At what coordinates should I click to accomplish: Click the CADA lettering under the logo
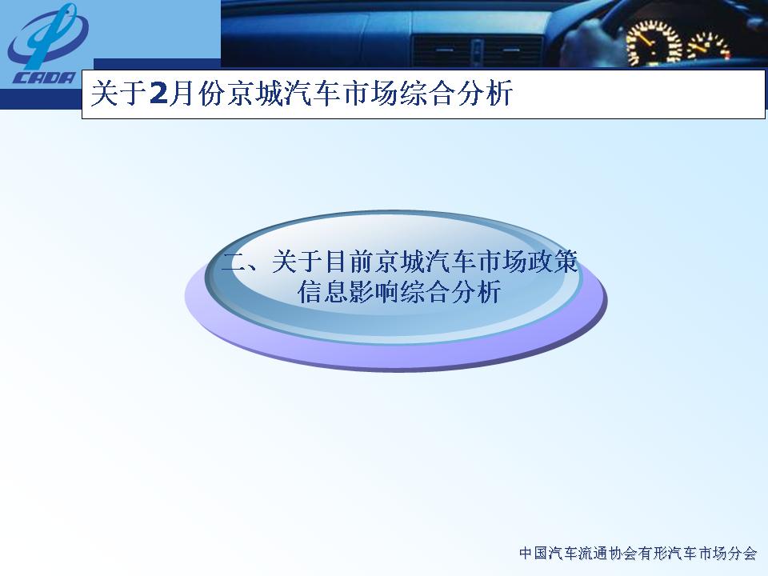(x=45, y=78)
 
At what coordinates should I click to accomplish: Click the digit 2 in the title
(x=158, y=93)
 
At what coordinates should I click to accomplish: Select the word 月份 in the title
(x=196, y=93)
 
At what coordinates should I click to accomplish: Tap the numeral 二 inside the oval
(x=234, y=262)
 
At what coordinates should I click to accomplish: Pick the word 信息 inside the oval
(x=322, y=292)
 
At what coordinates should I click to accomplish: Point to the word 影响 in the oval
(x=374, y=292)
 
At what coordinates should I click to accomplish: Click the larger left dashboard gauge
(x=654, y=43)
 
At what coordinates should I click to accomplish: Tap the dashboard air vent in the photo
(x=477, y=50)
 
